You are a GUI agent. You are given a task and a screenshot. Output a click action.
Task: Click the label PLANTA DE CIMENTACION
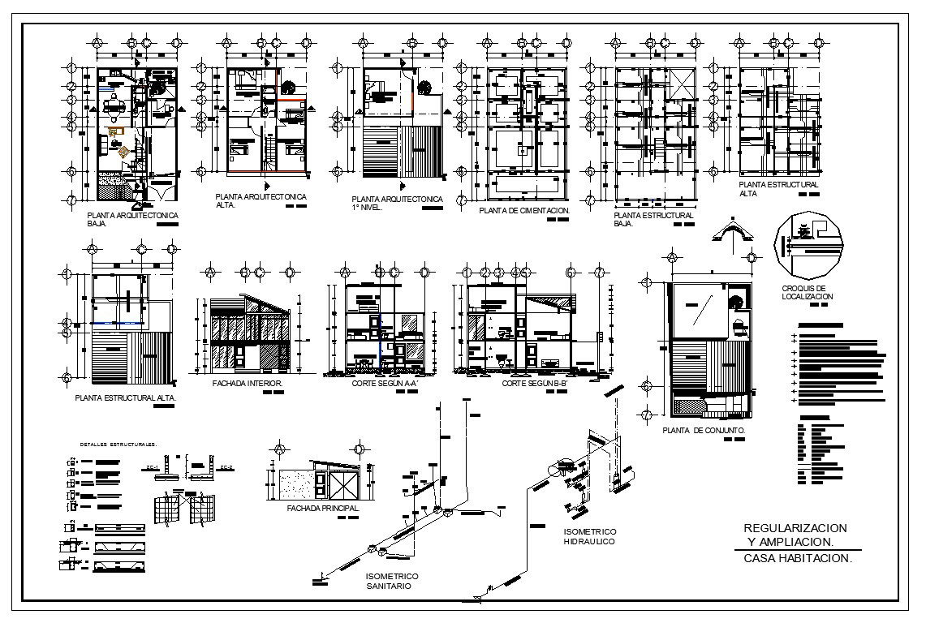pos(525,211)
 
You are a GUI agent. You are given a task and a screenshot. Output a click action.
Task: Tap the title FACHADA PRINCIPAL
pos(322,509)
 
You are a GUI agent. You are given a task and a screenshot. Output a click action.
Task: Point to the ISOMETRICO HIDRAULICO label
pos(589,536)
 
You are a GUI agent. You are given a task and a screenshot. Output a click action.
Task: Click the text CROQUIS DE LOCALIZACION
pos(808,293)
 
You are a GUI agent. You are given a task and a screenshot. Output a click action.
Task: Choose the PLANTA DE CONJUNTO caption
pos(704,430)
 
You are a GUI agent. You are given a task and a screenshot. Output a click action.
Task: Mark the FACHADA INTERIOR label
pos(247,383)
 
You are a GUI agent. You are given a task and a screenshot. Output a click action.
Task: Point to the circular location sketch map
pos(809,246)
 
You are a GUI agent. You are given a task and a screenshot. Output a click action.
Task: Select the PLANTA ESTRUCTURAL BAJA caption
pos(653,219)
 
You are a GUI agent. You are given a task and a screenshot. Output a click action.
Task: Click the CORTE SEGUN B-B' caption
pos(532,383)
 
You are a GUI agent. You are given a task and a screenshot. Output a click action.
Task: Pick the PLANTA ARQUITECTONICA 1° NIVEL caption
pos(397,203)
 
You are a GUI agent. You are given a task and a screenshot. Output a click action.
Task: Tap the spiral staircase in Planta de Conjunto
pos(736,302)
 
